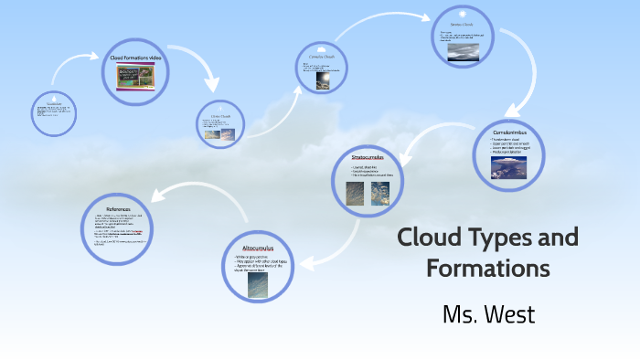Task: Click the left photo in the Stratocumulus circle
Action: coord(356,193)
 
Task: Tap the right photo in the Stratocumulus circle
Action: coord(380,193)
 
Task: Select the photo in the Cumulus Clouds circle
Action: coord(323,81)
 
